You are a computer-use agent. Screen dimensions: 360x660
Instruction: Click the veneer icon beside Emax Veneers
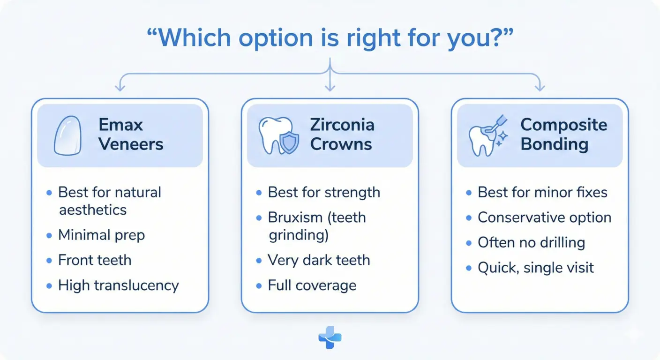pos(68,135)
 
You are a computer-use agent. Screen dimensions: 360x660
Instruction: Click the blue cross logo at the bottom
pos(330,338)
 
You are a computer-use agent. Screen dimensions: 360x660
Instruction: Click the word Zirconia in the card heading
pos(342,125)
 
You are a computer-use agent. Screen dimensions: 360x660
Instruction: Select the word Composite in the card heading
pos(563,125)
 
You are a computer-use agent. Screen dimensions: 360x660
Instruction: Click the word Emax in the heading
pos(120,125)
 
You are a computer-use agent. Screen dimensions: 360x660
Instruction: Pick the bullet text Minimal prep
pos(101,235)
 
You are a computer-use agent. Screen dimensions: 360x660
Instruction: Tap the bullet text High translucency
pos(118,285)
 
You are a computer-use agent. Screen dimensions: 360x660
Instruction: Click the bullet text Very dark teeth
pos(319,260)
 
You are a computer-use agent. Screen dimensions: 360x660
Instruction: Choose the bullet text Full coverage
pos(312,285)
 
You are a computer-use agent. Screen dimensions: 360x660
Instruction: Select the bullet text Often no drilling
pos(531,242)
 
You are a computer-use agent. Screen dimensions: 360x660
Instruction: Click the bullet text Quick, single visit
pos(535,268)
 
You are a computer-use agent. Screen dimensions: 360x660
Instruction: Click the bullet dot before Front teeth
pos(49,261)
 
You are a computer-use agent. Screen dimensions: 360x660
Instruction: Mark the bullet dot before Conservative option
pos(469,218)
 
